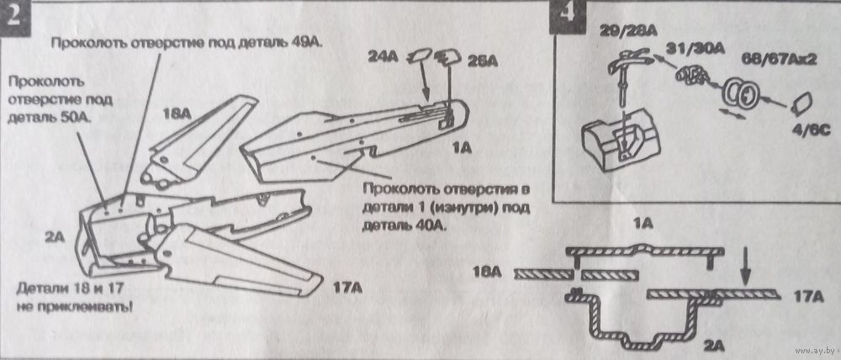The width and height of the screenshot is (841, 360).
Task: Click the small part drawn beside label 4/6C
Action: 801,105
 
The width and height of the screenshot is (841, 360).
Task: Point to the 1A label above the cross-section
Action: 643,223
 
